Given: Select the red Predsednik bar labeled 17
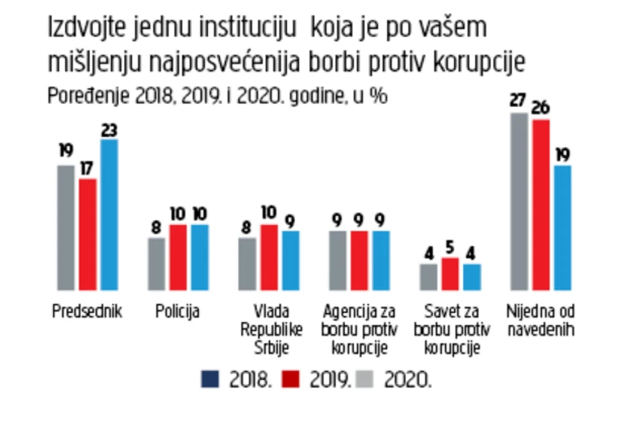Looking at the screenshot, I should coord(88,234).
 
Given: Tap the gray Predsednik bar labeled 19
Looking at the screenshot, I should coord(67,227).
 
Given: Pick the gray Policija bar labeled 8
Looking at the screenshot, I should coord(157,263).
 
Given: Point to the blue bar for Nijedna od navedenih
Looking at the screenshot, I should coord(561,227).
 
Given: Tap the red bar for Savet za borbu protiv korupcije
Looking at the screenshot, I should coord(449,274).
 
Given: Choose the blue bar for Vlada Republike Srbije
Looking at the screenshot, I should coord(289,260).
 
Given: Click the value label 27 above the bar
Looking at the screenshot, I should coord(517,102).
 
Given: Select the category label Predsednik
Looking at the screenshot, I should coord(87,311).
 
